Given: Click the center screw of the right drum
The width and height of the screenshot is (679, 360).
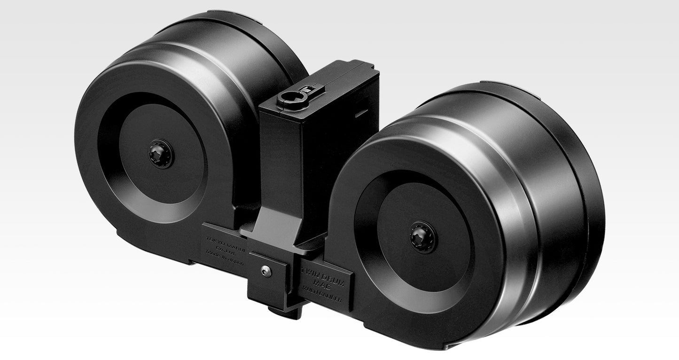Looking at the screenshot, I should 423,237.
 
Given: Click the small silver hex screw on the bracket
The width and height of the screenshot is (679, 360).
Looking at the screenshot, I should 266,271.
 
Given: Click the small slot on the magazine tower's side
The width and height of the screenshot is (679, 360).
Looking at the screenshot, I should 361,114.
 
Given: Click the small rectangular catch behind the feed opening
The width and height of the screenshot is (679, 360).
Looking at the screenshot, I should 308,88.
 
